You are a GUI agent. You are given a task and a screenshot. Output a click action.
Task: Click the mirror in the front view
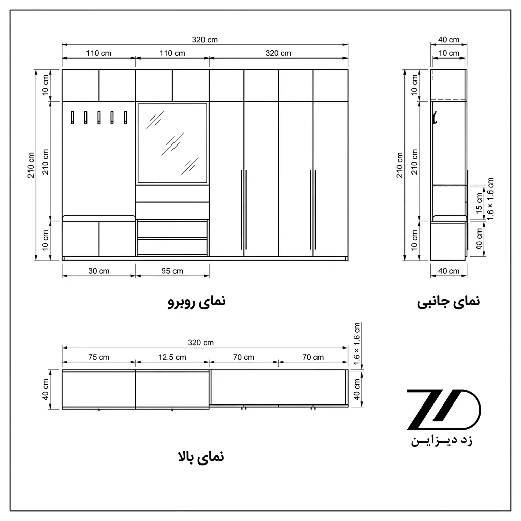pyautogui.click(x=172, y=143)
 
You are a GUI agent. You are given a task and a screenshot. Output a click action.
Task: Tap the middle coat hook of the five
pyautogui.click(x=99, y=118)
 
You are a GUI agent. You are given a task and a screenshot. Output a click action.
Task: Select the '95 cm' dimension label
pyautogui.click(x=172, y=271)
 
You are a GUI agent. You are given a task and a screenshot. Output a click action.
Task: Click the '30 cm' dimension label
pyautogui.click(x=99, y=271)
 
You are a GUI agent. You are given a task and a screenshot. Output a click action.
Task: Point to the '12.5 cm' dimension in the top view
pyautogui.click(x=172, y=357)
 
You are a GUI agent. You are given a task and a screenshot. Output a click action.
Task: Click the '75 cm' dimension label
pyautogui.click(x=99, y=357)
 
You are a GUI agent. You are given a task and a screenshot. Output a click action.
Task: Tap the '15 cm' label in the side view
pyautogui.click(x=479, y=202)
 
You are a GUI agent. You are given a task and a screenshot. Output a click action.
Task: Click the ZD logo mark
pyautogui.click(x=444, y=410)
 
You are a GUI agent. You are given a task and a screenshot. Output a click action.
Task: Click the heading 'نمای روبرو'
pyautogui.click(x=197, y=302)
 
